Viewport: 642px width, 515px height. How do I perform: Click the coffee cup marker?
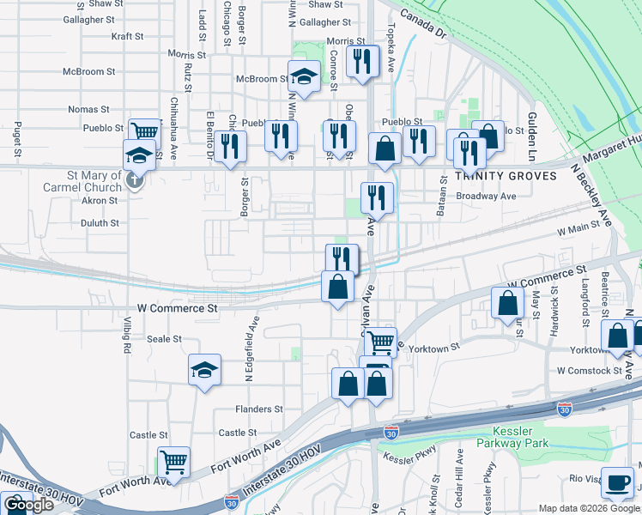[617, 483]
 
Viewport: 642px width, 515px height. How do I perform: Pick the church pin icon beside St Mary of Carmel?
[133, 180]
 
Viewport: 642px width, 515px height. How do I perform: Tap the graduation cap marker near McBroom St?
[303, 77]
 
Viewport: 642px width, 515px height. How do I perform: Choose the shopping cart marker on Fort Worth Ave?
[173, 463]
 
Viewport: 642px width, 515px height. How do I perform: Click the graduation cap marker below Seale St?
[204, 370]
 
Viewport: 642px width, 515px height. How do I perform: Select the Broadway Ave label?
[486, 196]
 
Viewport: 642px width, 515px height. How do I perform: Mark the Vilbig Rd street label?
[125, 336]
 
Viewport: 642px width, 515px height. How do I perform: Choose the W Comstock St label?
[588, 371]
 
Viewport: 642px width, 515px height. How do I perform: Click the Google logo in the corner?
[28, 505]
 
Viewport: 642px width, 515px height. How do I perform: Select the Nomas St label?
[89, 109]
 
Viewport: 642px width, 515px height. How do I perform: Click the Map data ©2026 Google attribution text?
[589, 508]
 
